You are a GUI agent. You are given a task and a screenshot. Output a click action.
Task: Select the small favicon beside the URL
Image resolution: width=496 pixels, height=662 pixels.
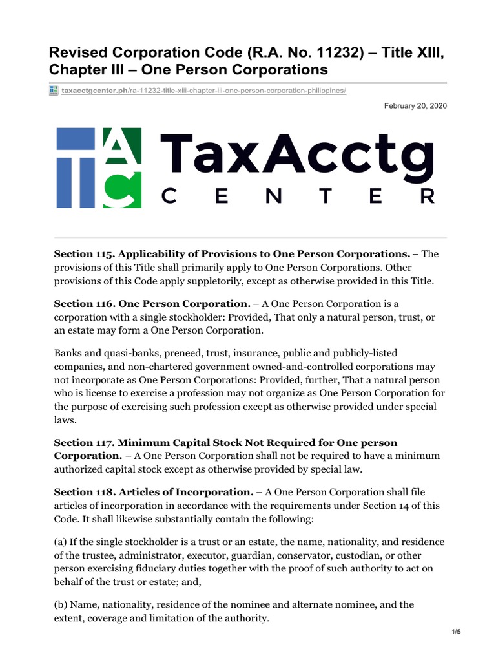click(x=54, y=91)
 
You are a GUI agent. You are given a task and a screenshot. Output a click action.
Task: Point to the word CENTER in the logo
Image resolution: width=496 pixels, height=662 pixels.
click(x=296, y=196)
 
